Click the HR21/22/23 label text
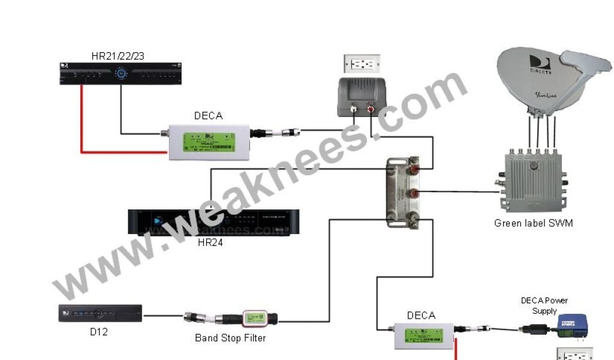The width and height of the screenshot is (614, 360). [x=118, y=56]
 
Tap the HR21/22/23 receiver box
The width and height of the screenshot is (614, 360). [x=121, y=74]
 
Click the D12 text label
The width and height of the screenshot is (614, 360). [x=98, y=331]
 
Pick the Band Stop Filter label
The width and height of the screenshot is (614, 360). [x=230, y=338]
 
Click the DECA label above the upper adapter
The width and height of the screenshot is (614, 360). [x=208, y=116]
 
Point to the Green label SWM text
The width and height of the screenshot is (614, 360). [x=533, y=223]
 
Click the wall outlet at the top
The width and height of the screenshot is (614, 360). [x=362, y=63]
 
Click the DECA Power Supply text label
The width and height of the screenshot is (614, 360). [x=544, y=305]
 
